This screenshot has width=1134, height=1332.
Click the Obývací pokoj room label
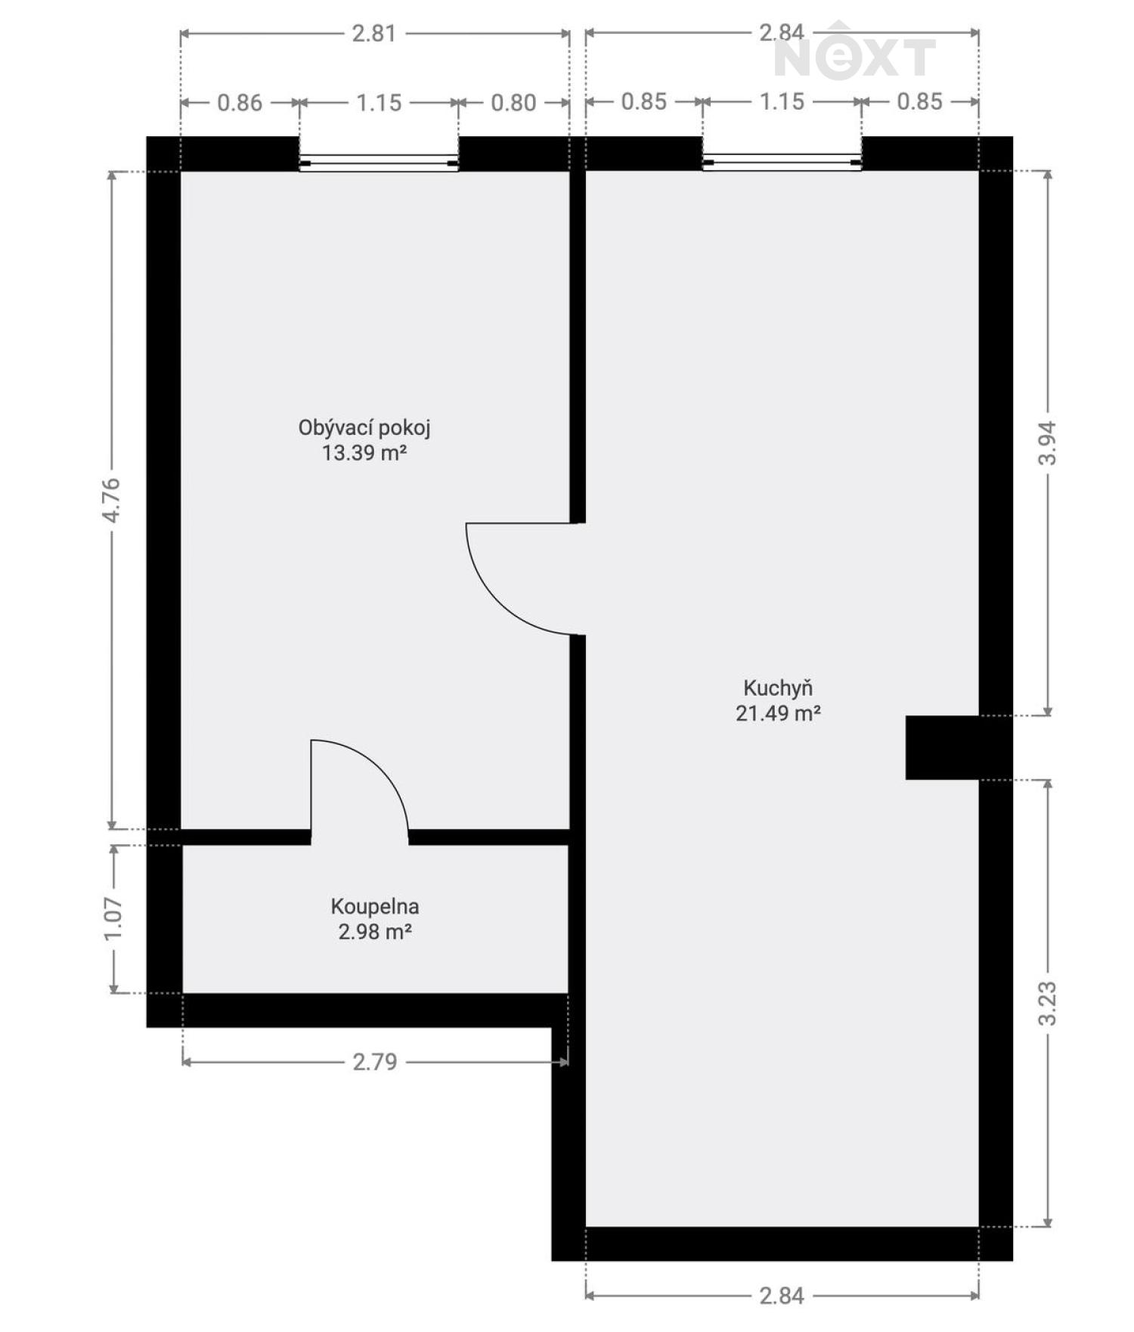pyautogui.click(x=364, y=429)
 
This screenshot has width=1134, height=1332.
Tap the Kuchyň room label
pyautogui.click(x=778, y=688)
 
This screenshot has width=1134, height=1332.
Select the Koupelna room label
pyautogui.click(x=375, y=906)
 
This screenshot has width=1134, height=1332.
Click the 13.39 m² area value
pyautogui.click(x=364, y=454)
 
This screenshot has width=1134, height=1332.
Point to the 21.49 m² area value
pyautogui.click(x=778, y=713)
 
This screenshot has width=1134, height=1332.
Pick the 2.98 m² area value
pyautogui.click(x=375, y=932)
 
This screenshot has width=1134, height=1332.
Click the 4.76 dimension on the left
pyautogui.click(x=112, y=500)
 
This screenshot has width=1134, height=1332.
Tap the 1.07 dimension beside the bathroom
pyautogui.click(x=113, y=919)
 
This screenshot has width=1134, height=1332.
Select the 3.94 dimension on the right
pyautogui.click(x=1047, y=442)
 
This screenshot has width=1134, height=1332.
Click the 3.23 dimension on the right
pyautogui.click(x=1047, y=1004)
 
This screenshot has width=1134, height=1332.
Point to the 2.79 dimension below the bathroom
pyautogui.click(x=375, y=1062)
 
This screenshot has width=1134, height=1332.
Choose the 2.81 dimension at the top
pyautogui.click(x=374, y=33)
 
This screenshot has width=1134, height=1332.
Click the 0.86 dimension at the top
pyautogui.click(x=240, y=103)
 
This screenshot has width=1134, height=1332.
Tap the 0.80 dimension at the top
pyautogui.click(x=513, y=103)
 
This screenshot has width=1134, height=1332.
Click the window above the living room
pyautogui.click(x=379, y=162)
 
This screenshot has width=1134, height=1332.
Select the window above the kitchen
pyautogui.click(x=782, y=161)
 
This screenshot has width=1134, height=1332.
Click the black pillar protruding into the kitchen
pyautogui.click(x=943, y=747)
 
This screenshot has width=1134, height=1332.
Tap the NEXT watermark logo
pyautogui.click(x=854, y=51)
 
